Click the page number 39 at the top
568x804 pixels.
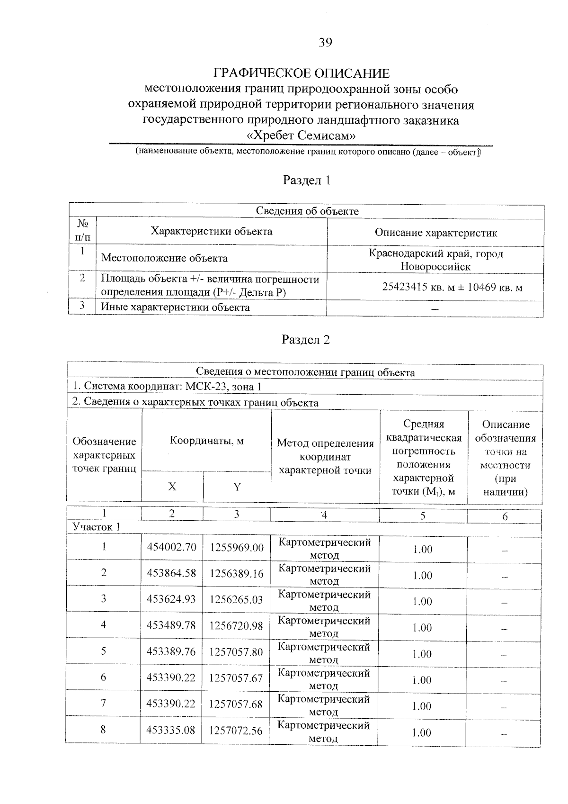[x=325, y=43]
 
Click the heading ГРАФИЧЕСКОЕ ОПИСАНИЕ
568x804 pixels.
[x=302, y=73]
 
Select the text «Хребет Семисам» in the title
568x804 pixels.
[x=302, y=136]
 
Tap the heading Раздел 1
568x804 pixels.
[x=306, y=180]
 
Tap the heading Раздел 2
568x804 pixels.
[x=306, y=339]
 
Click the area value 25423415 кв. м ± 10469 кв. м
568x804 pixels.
[x=452, y=287]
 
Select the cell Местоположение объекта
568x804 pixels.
[x=164, y=258]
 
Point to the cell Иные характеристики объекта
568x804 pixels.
[x=176, y=307]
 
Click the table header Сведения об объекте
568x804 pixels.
[x=307, y=211]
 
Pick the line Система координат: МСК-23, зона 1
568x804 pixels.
[x=167, y=387]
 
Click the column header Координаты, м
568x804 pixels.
[x=206, y=441]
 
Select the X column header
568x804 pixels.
[x=172, y=487]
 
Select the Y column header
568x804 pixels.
[x=237, y=487]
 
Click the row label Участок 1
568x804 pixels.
[x=96, y=527]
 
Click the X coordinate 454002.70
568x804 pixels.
[x=171, y=548]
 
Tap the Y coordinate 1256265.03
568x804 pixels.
[x=236, y=600]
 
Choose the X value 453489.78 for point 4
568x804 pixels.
[x=171, y=626]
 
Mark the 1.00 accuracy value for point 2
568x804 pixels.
[x=422, y=575]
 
